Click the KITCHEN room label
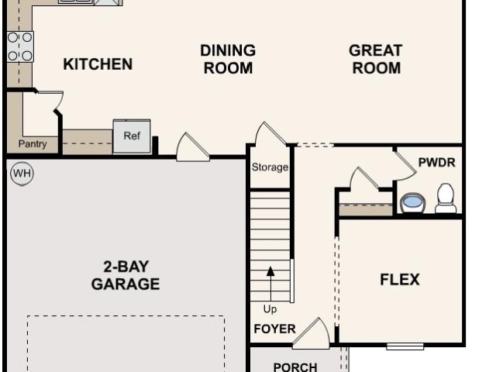tap(98, 64)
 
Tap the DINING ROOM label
tap(228, 59)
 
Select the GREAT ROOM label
tap(376, 59)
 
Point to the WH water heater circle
tap(22, 174)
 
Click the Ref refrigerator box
tap(132, 136)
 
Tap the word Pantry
tap(33, 144)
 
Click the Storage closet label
tap(270, 167)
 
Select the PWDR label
tap(437, 163)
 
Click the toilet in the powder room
tap(446, 198)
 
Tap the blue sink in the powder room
tap(412, 203)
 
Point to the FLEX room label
tap(400, 280)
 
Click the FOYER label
tap(274, 329)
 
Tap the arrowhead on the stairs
tap(270, 271)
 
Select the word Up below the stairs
tap(270, 309)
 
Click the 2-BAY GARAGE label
tap(126, 275)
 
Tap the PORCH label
tap(295, 367)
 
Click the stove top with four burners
tap(20, 46)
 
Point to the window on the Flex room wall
tap(405, 346)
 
